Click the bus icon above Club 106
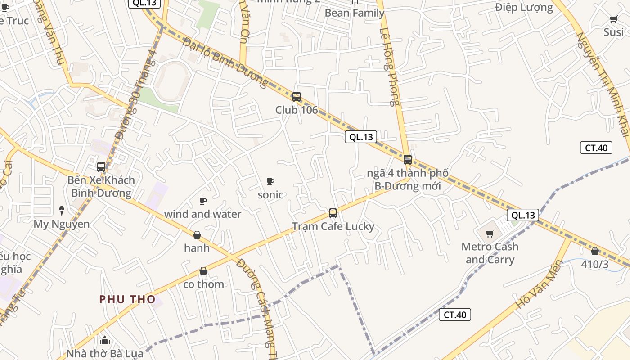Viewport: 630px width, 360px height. [x=296, y=96]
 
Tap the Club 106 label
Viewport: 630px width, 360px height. [x=297, y=110]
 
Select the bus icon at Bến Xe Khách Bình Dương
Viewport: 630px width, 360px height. [x=101, y=167]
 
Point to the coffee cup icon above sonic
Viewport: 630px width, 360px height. [x=270, y=181]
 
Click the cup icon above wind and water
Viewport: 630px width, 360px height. [x=203, y=201]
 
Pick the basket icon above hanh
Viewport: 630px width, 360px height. [x=197, y=235]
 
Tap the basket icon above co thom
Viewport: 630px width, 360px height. [x=203, y=271]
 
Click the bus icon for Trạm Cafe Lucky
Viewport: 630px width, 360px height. [x=333, y=213]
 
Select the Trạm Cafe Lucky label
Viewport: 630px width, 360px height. [x=333, y=226]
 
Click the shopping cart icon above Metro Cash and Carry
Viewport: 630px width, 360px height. [x=490, y=234]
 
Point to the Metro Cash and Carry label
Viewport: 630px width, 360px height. [x=490, y=253]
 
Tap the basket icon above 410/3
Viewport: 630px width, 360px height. [x=595, y=251]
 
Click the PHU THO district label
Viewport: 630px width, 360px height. [x=127, y=299]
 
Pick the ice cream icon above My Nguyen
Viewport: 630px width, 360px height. [x=62, y=210]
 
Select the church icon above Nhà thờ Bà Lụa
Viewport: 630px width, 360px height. [x=105, y=340]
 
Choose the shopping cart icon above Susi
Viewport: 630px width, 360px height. [x=613, y=19]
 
